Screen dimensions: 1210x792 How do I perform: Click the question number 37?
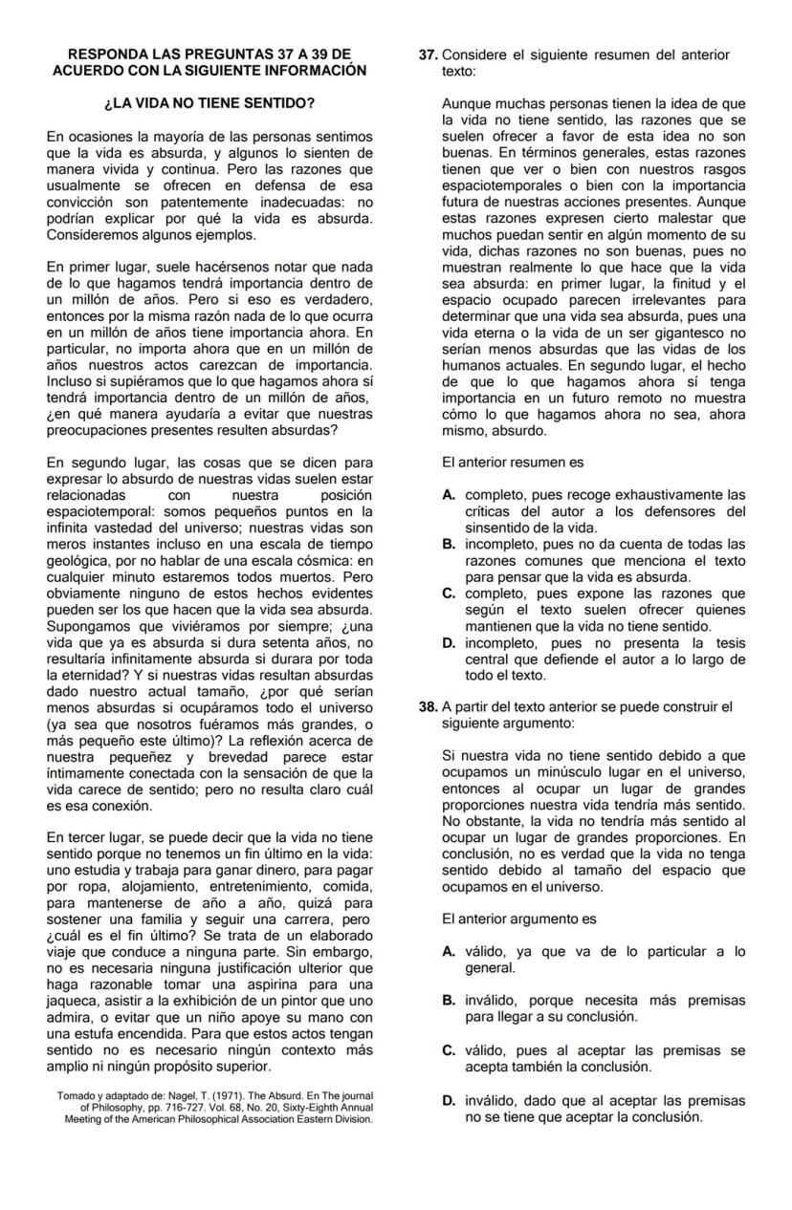pos(429,55)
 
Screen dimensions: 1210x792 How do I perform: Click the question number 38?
pos(429,707)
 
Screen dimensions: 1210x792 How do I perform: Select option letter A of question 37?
pos(449,495)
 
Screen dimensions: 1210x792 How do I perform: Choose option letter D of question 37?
pos(449,643)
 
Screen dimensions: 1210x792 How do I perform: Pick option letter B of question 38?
pos(449,1001)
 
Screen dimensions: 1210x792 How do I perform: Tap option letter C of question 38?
pos(449,1050)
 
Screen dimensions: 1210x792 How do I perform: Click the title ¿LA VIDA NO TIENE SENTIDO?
pos(209,102)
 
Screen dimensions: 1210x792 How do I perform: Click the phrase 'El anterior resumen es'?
pos(513,463)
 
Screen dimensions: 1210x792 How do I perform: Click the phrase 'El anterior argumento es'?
pos(519,919)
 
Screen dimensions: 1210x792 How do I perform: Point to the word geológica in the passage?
pos(78,560)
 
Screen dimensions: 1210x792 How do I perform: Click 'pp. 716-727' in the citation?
pos(171,1107)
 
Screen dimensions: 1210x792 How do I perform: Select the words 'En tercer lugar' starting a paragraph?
pos(94,838)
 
